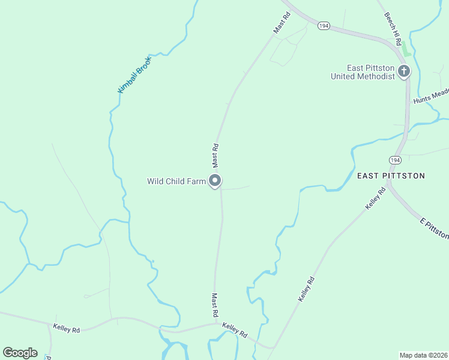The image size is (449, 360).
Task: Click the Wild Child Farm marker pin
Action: tap(215, 181)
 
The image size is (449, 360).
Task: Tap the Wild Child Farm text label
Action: tap(176, 181)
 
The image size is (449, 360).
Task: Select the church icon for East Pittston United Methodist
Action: tap(404, 72)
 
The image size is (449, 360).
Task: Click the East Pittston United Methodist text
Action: tap(363, 72)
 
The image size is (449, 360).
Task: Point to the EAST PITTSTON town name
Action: tap(391, 176)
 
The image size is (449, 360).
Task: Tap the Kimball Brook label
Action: tap(134, 75)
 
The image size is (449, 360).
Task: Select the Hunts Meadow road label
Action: tap(431, 96)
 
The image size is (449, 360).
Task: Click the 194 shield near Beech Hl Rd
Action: tap(324, 26)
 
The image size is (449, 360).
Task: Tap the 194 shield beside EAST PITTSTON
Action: tap(394, 160)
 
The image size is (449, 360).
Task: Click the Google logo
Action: tap(20, 353)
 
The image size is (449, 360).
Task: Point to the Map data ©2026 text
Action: tap(423, 355)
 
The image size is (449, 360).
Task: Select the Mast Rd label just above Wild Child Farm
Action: tap(215, 155)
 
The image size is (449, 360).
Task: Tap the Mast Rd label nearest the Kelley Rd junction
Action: tap(214, 305)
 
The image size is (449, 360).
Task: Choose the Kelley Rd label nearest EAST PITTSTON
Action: tap(375, 198)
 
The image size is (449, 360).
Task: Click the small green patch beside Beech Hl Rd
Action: tap(406, 49)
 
